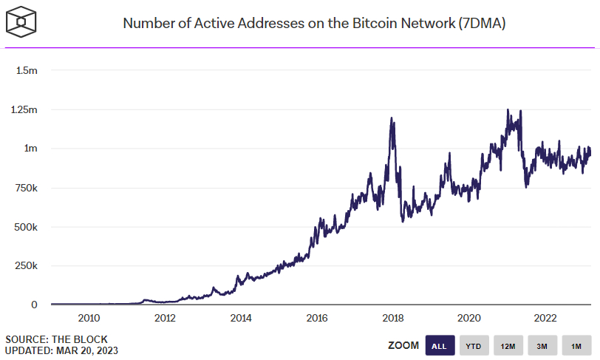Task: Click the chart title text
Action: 314,23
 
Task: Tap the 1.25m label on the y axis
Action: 24,109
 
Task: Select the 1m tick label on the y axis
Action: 30,149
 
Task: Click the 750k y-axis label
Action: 25,188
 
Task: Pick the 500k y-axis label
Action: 25,227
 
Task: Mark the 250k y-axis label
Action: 25,266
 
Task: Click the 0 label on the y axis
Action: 34,305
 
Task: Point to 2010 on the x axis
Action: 89,318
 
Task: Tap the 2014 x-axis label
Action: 241,318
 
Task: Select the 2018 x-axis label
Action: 393,318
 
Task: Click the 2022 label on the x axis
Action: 545,318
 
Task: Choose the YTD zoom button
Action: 474,345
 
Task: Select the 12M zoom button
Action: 508,345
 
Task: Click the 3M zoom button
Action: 542,345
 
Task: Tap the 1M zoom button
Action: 576,345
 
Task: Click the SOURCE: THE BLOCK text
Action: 56,339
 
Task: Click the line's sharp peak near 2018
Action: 392,118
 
